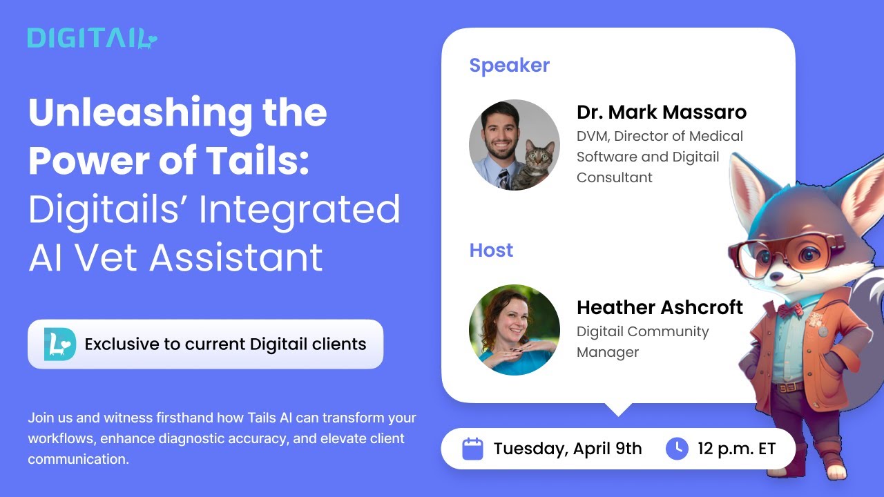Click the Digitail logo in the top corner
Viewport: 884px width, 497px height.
pos(93,39)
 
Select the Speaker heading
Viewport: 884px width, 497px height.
pos(509,66)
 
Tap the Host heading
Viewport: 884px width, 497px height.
pos(491,250)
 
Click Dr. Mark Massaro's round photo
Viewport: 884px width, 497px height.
pos(515,144)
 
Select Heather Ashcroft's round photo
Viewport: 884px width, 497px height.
pos(515,330)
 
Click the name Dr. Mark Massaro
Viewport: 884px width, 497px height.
pos(661,112)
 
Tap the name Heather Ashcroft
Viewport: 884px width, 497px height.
pos(660,307)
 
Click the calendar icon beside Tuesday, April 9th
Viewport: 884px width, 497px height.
pos(472,449)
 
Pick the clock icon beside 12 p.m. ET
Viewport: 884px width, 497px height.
pos(677,449)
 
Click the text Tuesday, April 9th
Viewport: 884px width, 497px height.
pos(567,449)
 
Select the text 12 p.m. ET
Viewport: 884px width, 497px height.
pos(736,449)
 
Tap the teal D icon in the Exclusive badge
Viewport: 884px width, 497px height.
pos(59,344)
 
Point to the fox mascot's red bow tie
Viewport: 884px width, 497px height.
pos(791,309)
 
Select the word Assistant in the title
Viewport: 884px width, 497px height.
pos(237,257)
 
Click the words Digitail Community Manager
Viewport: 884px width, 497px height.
pos(642,342)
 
